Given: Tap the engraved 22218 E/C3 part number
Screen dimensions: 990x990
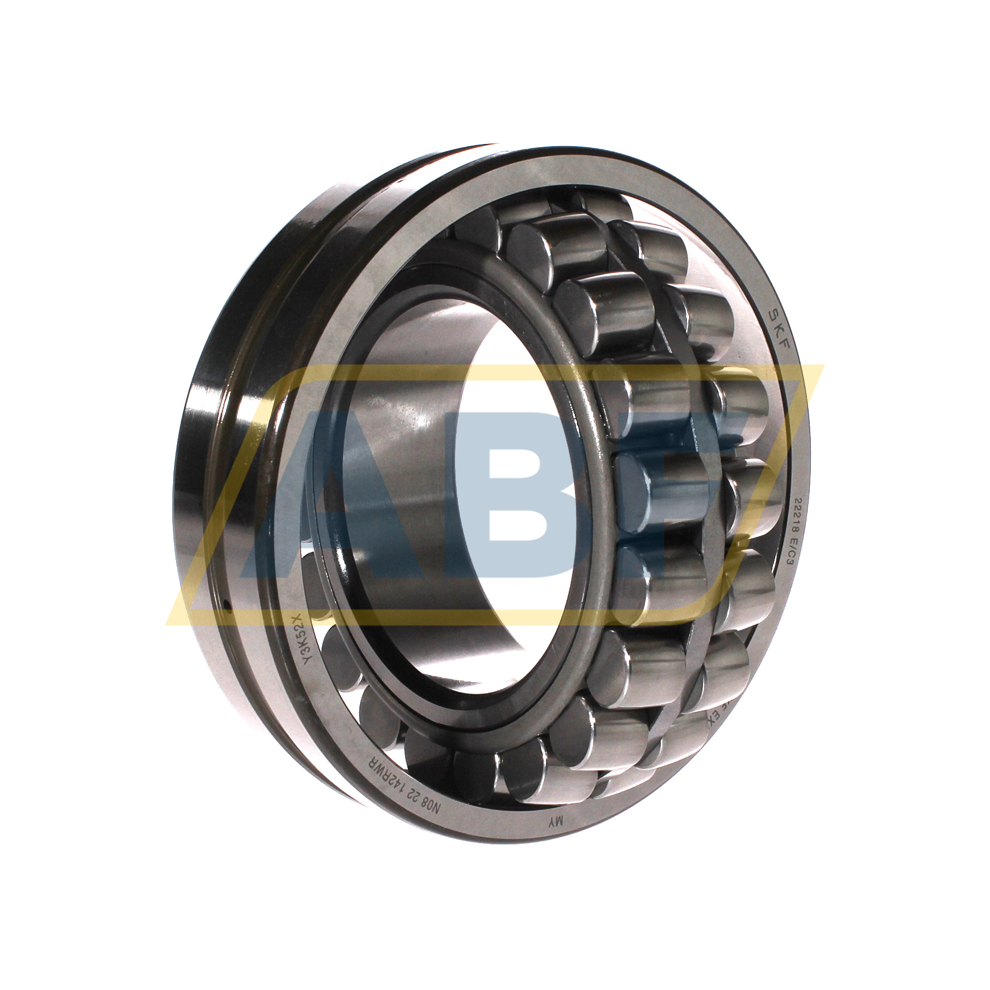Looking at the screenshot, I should (788, 531).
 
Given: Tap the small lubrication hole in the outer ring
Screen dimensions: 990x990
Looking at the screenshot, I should (227, 610).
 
